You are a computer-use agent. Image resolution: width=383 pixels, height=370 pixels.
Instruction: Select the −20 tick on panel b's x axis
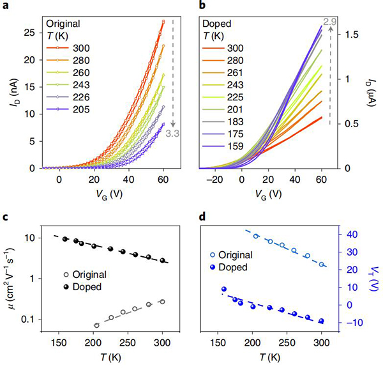click(216, 179)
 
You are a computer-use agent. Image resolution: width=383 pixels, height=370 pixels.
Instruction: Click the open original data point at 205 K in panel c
click(97, 325)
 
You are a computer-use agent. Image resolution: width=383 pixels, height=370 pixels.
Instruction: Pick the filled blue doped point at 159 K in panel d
click(224, 289)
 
